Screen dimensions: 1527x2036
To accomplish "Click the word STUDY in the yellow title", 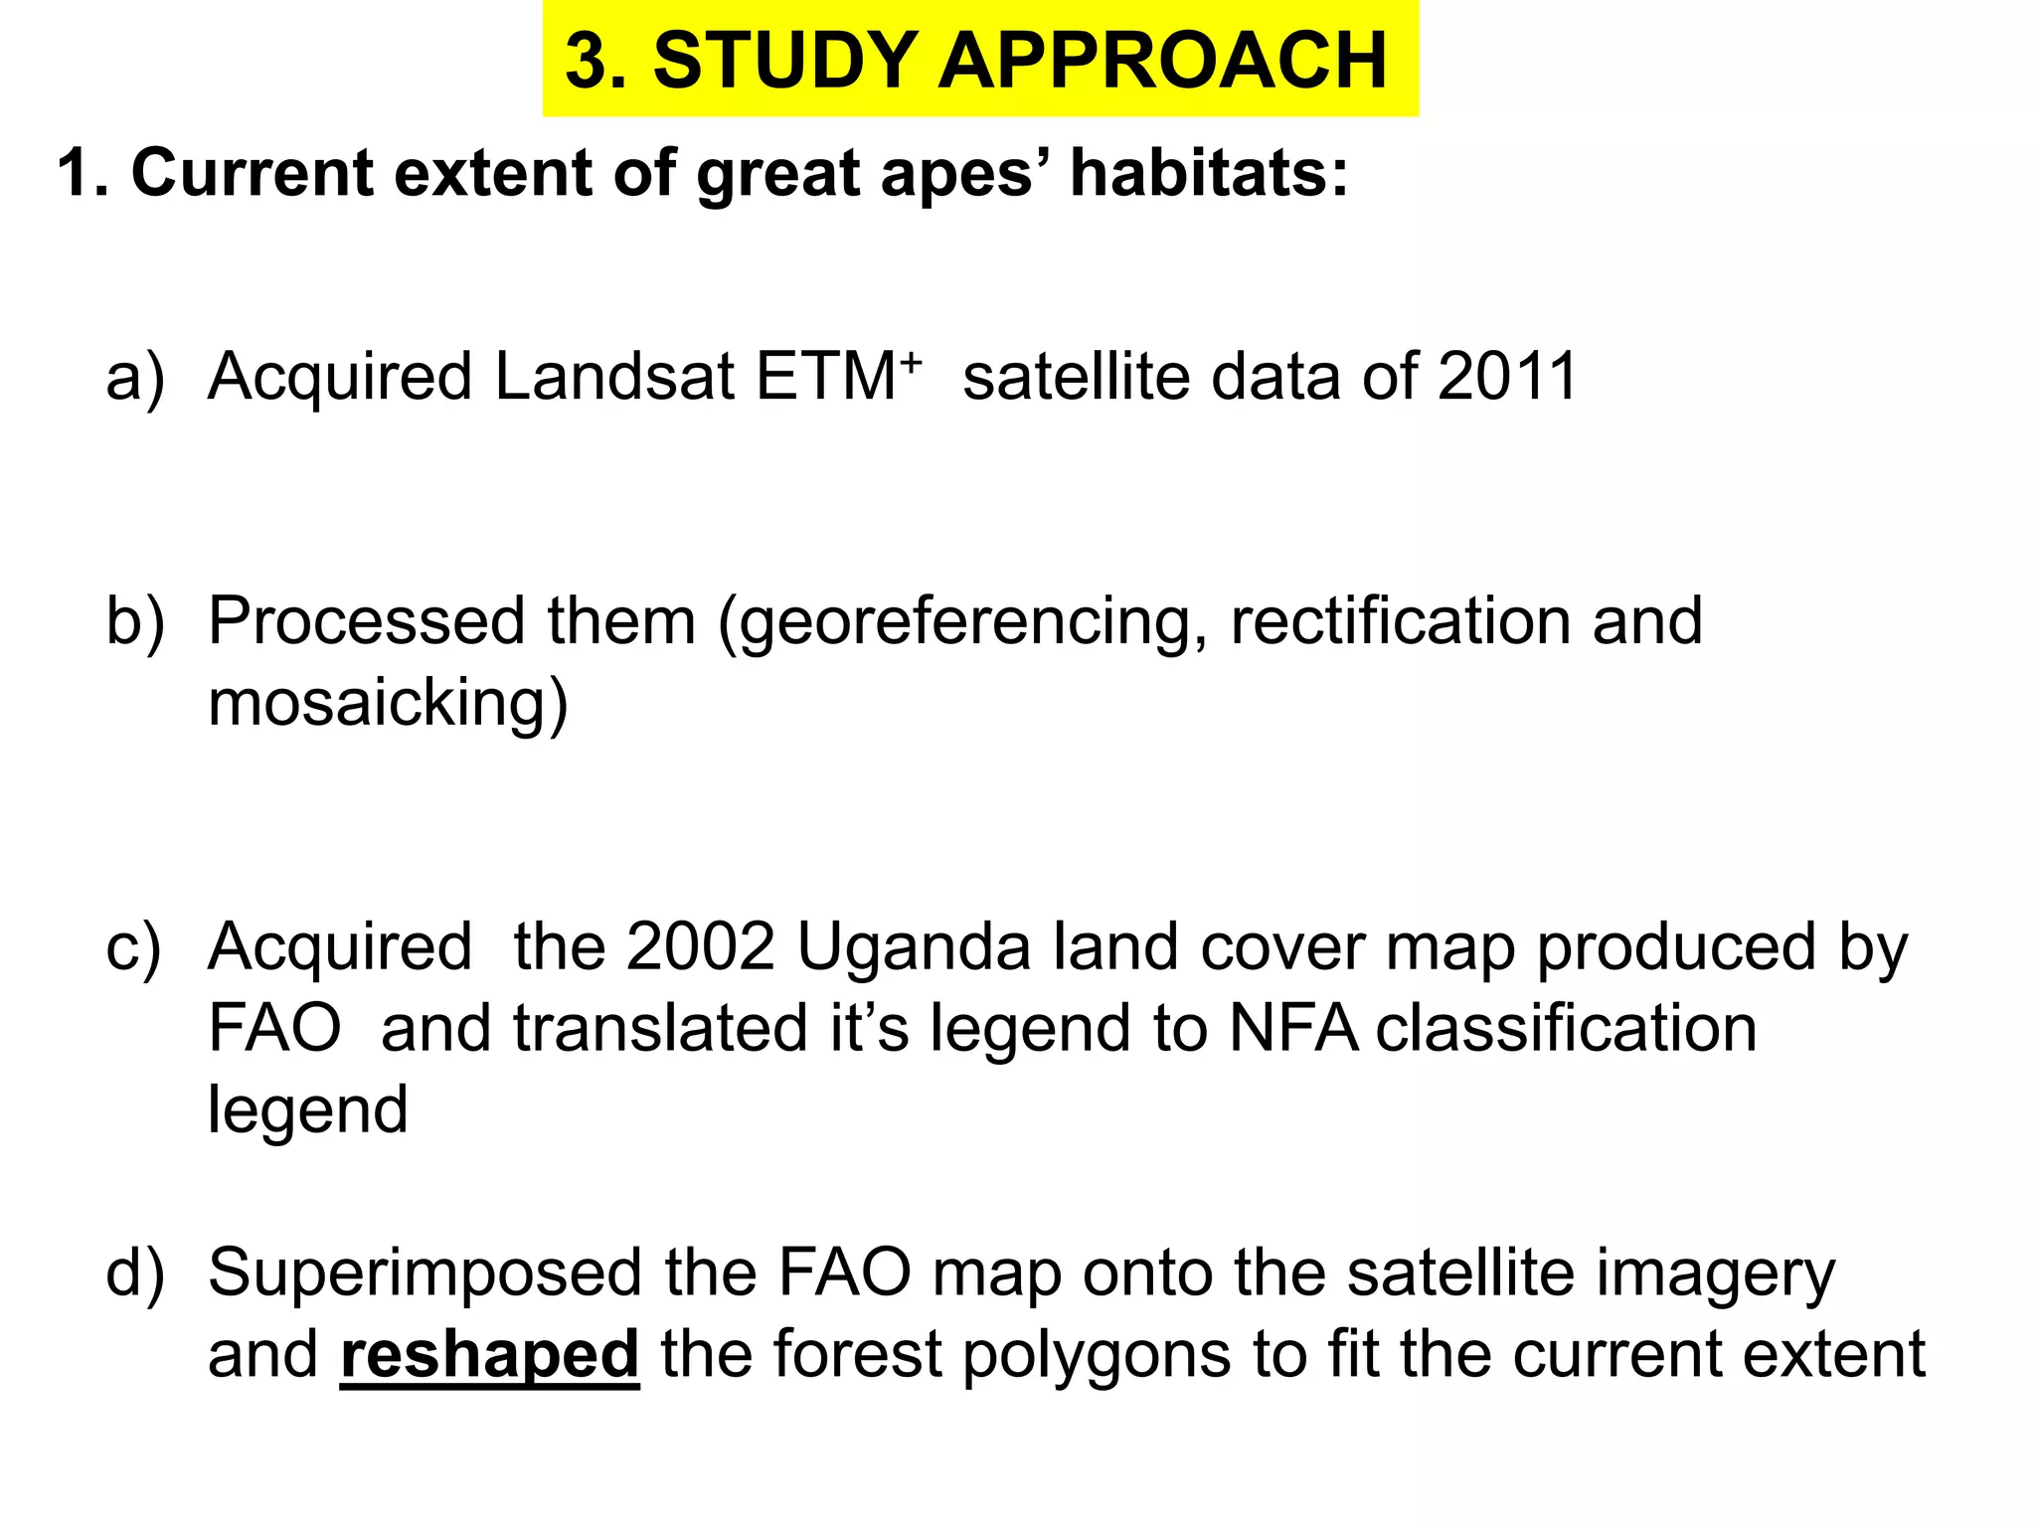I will pos(784,61).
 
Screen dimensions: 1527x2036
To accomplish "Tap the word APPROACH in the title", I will pos(1162,61).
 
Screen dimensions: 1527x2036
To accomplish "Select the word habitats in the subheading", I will pos(1208,173).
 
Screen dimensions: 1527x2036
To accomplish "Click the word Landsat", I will pos(613,377).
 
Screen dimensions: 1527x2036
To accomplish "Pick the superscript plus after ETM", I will pos(911,360).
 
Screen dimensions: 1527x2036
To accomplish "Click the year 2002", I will pos(700,946).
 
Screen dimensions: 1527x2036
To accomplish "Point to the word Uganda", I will pos(914,948).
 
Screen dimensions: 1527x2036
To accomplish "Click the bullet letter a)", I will pos(134,379).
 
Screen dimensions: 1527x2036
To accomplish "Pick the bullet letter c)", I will pos(133,948).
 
